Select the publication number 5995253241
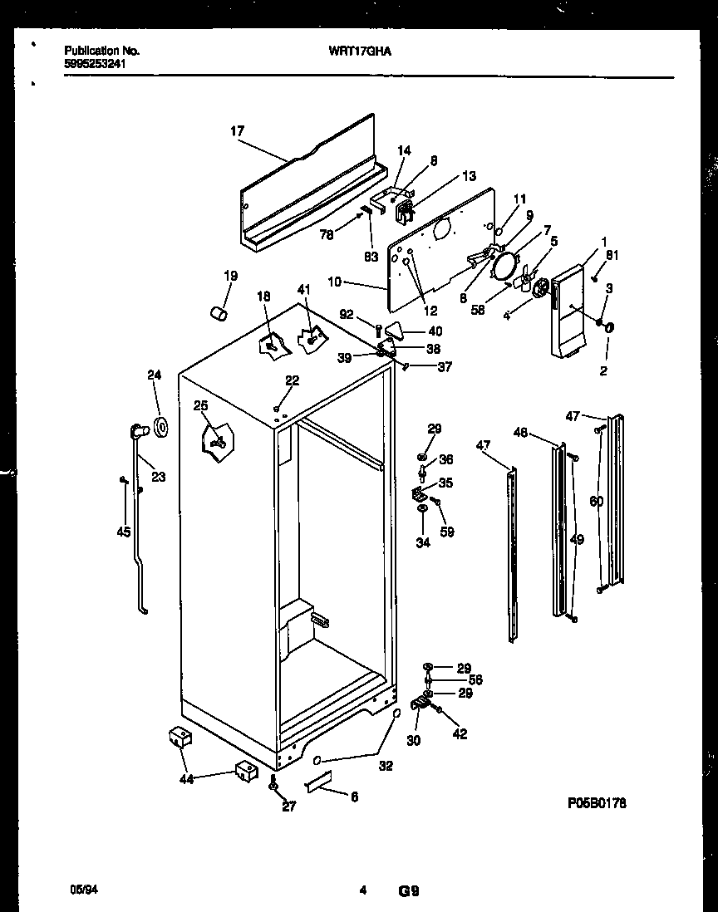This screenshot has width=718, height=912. coord(96,63)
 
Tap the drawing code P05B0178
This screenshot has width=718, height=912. coord(597,803)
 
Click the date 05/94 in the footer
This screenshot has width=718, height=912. coord(76,890)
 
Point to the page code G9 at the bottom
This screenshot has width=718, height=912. coord(408,892)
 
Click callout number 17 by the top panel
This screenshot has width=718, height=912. coord(237,130)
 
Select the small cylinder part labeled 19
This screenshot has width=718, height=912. coord(220,313)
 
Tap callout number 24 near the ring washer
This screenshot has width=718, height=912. coord(154,375)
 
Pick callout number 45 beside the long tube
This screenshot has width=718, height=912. coord(124,532)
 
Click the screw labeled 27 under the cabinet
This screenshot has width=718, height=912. coord(296,783)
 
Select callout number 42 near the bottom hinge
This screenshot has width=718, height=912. coord(459,733)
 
